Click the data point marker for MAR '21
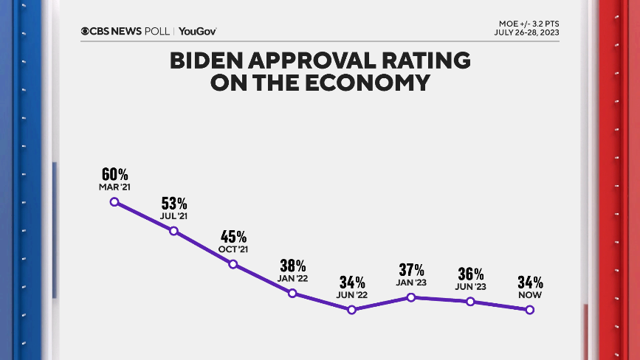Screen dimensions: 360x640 114,201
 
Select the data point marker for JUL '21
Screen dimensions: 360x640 173,231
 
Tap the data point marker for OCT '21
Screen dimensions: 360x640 233,263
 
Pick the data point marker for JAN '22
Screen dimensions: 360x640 292,293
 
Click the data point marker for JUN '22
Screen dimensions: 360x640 351,309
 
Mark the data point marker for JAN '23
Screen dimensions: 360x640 411,297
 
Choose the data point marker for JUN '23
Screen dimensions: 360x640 470,301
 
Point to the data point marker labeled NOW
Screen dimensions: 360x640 529,310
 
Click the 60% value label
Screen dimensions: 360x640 114,175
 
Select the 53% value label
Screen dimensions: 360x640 174,204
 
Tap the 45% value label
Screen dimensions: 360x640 233,237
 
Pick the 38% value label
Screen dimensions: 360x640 292,266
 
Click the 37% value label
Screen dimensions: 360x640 411,270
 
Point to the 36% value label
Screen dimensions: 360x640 470,274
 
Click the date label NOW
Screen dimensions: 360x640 530,295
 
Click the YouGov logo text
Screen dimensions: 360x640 198,31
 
